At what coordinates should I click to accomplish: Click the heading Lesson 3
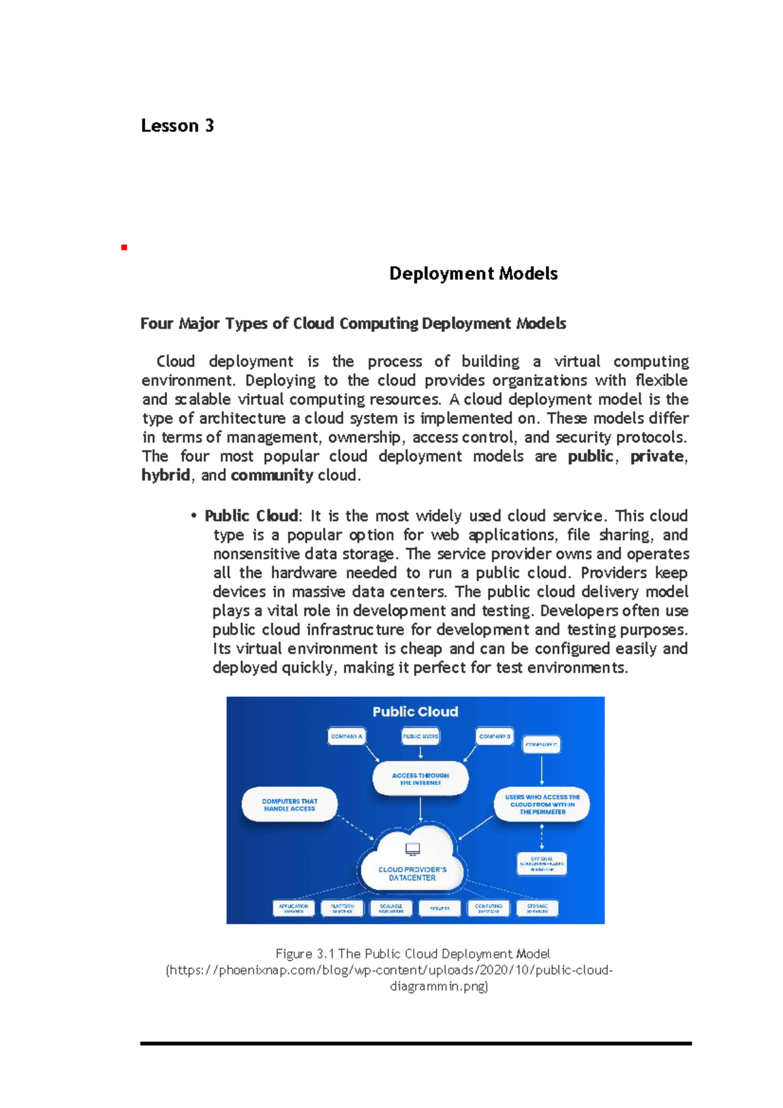click(177, 125)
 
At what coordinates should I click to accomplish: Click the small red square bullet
click(124, 247)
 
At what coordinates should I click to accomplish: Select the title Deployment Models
click(473, 273)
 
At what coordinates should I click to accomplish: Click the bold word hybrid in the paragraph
click(166, 475)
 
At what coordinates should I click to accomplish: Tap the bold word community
click(272, 475)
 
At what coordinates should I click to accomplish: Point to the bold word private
click(656, 456)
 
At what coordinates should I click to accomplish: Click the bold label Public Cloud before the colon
click(251, 516)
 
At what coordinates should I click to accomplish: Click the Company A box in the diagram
click(346, 736)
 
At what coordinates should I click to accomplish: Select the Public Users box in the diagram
click(421, 736)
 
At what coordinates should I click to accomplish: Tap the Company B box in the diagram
click(495, 736)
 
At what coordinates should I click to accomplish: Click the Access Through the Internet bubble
click(420, 778)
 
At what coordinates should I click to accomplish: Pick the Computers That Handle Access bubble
click(290, 805)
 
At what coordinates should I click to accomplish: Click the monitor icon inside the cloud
click(412, 849)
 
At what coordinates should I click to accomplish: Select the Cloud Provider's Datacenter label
click(412, 874)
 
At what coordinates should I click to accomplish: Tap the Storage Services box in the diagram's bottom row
click(538, 908)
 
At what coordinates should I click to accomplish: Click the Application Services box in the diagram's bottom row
click(294, 908)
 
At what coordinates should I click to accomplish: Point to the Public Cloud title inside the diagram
click(415, 711)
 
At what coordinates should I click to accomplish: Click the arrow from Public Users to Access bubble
click(421, 752)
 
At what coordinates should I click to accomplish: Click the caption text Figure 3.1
click(305, 953)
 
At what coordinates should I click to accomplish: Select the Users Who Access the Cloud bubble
click(542, 804)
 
